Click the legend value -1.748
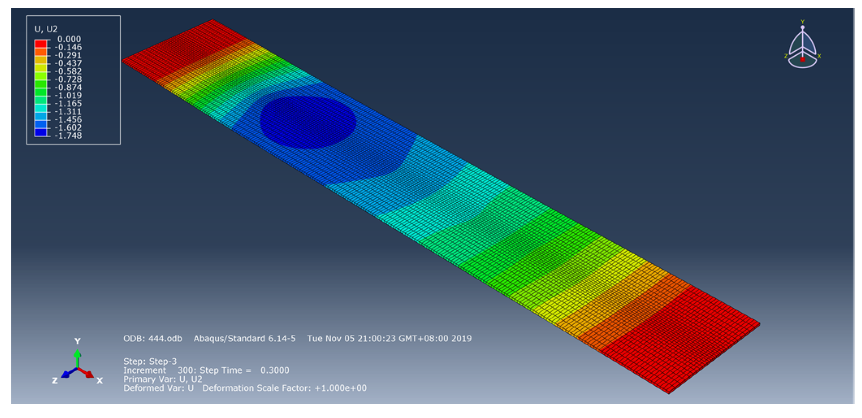tap(68, 136)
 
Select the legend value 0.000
tap(69, 39)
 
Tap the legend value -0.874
tap(68, 87)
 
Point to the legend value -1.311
tap(68, 111)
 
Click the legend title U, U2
tap(46, 29)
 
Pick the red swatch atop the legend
tap(41, 43)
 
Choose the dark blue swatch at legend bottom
tap(41, 132)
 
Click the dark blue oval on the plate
tap(308, 122)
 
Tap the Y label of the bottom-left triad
tap(77, 341)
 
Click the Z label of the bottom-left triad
tap(55, 381)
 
